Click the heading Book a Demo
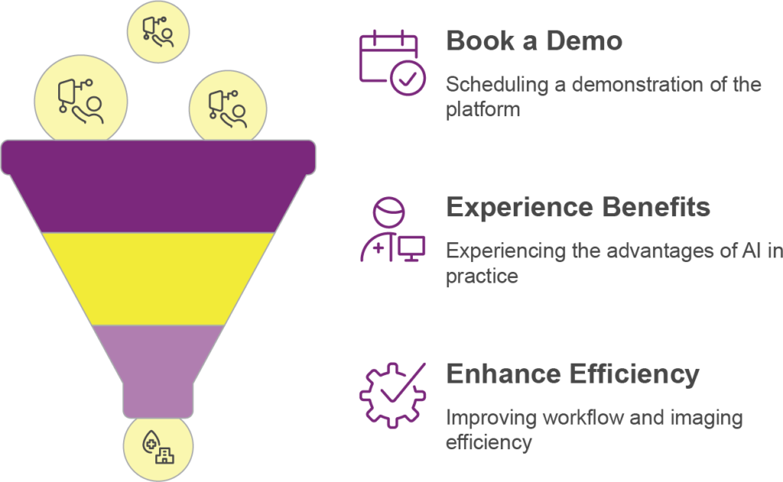(x=534, y=41)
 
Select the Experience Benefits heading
(x=578, y=207)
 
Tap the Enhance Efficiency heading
(x=573, y=374)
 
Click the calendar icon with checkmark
(x=392, y=62)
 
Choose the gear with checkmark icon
(x=392, y=394)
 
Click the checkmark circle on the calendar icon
(x=408, y=77)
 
